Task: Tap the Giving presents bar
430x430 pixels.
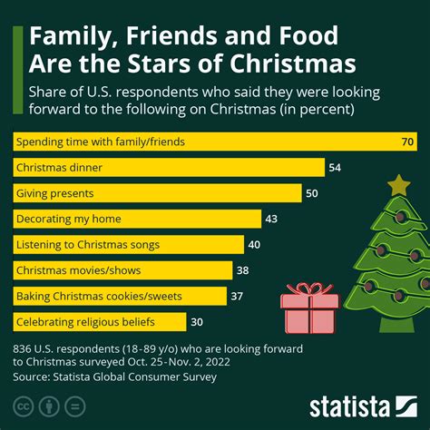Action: tap(159, 193)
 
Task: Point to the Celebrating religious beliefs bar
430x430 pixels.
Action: tap(101, 321)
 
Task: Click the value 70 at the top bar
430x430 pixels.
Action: tap(407, 142)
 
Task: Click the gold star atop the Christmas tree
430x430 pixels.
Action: tap(398, 185)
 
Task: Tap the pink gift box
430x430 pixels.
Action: tap(309, 313)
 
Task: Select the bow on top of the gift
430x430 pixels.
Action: tap(308, 290)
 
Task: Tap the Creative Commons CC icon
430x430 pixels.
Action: tap(23, 404)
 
